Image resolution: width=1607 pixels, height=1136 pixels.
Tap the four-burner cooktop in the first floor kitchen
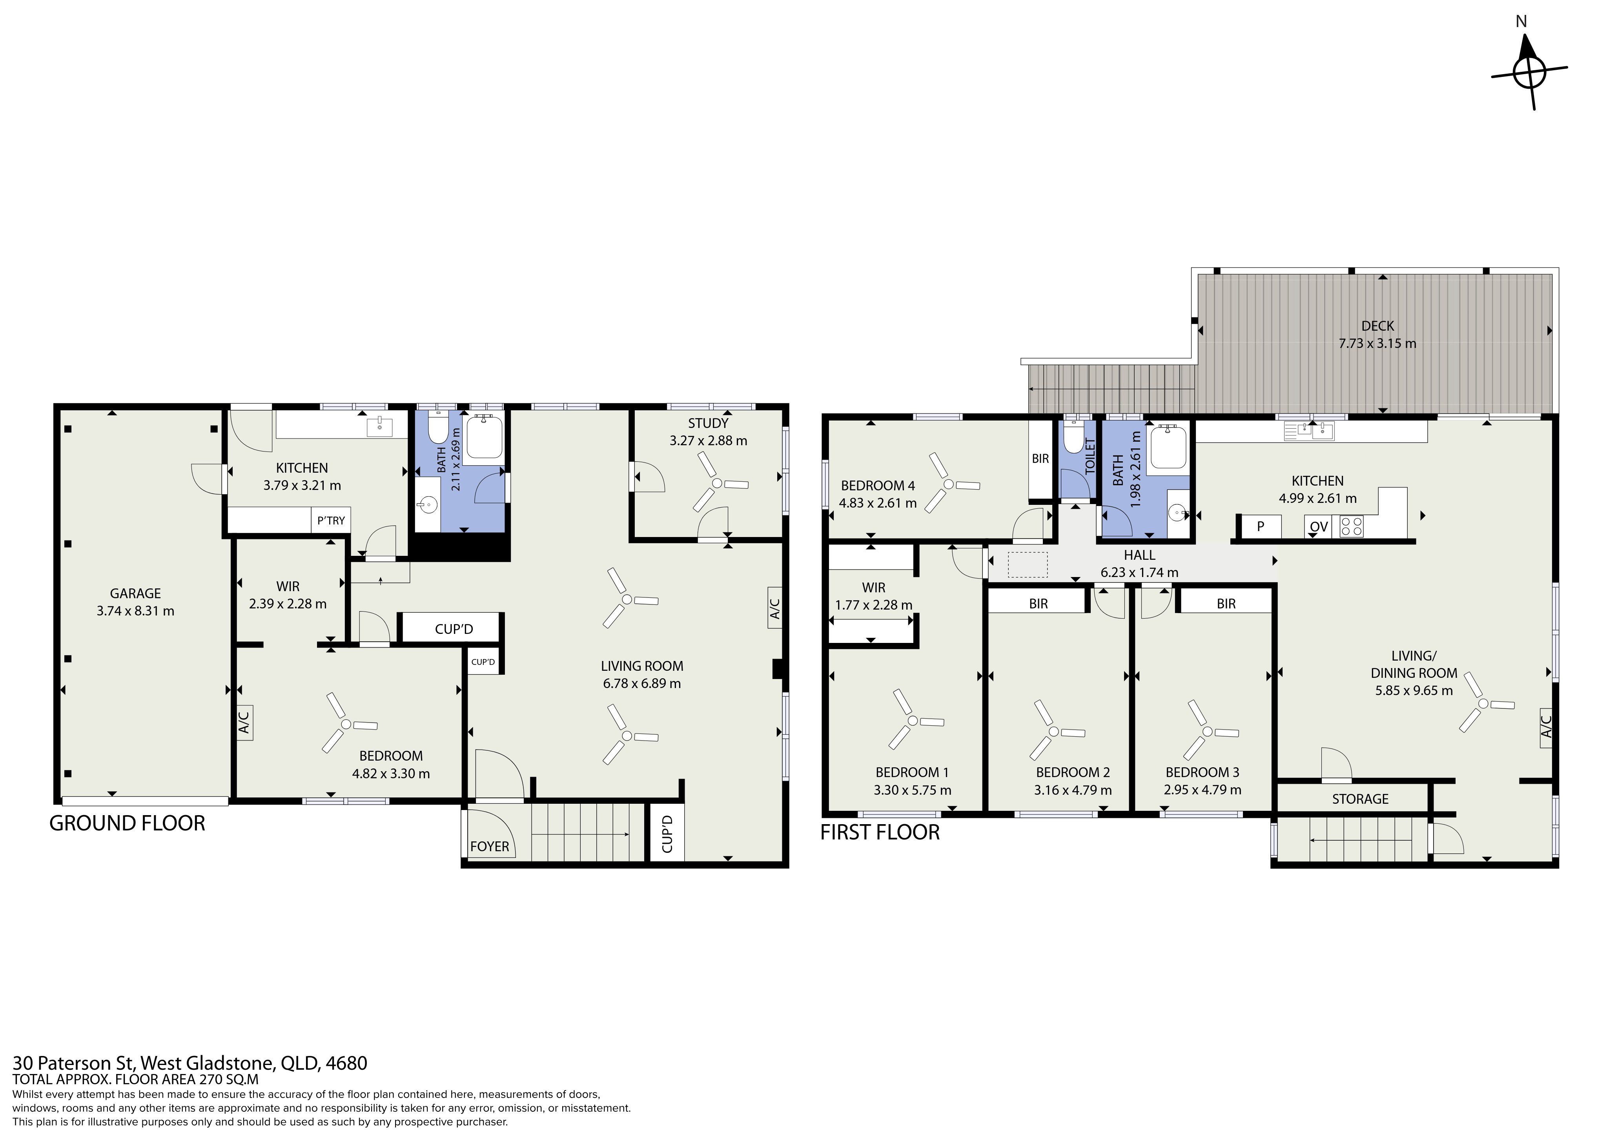[x=1351, y=526]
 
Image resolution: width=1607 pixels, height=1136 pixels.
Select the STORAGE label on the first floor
[x=1360, y=799]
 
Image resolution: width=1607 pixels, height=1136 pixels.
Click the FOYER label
[x=489, y=846]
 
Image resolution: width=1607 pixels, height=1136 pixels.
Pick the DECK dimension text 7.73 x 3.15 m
[x=1377, y=344]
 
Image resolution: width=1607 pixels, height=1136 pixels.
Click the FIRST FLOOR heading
[x=880, y=832]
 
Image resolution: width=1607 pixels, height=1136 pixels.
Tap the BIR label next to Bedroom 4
[x=1040, y=459]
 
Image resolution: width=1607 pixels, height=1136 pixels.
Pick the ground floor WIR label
[x=288, y=586]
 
